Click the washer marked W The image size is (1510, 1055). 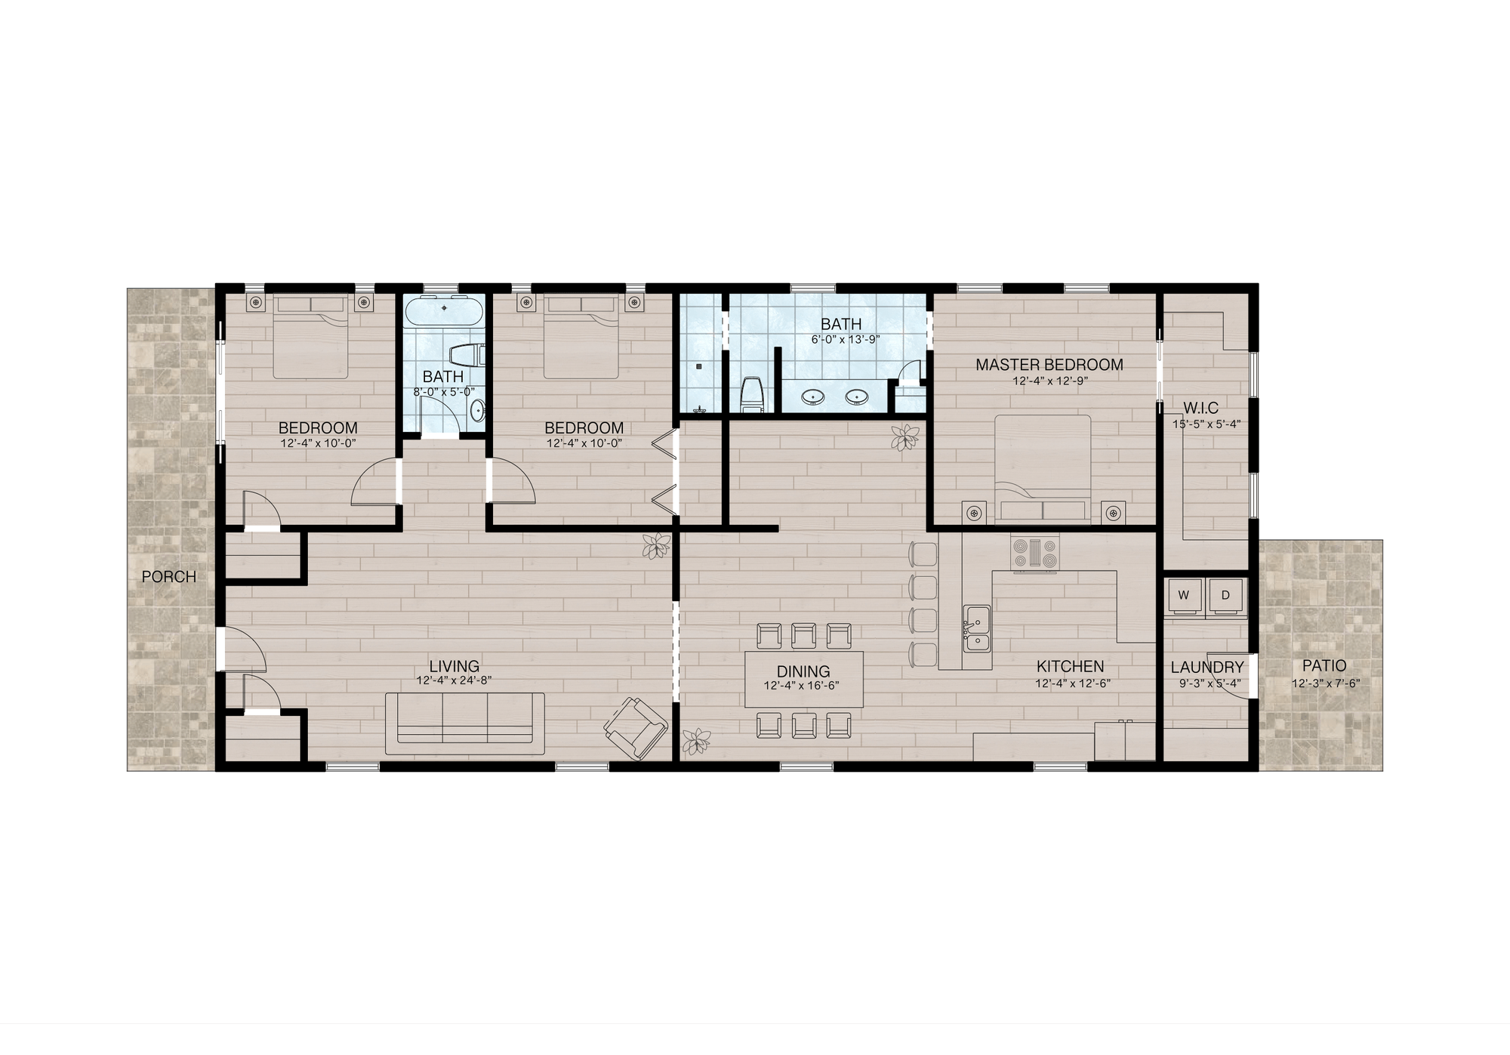click(1184, 595)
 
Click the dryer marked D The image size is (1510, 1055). click(1225, 595)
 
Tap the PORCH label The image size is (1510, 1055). click(169, 577)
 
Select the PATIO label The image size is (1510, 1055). click(1324, 666)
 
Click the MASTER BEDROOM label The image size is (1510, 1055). click(1049, 365)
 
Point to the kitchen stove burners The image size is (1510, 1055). click(1035, 553)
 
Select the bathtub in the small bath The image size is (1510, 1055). click(443, 312)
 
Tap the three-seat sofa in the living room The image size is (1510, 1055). click(464, 723)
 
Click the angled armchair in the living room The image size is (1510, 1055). click(636, 728)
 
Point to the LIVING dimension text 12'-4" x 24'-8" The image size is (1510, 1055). click(454, 680)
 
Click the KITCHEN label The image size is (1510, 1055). click(1070, 666)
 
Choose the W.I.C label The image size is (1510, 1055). click(1206, 409)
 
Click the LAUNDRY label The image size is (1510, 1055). click(1206, 667)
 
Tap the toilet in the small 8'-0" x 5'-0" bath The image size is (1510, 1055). click(465, 355)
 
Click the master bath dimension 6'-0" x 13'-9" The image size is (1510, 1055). click(845, 339)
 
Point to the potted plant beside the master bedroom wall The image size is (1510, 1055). click(904, 436)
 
